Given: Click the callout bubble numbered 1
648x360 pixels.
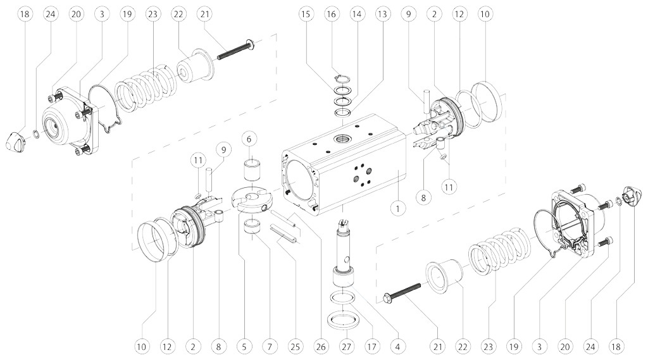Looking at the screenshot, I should [397, 207].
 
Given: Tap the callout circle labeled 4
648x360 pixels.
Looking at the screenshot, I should [397, 346].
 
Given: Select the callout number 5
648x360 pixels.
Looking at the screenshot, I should [243, 346].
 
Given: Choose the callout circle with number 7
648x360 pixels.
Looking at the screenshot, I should [270, 346].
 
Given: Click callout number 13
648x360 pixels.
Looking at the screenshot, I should [381, 13].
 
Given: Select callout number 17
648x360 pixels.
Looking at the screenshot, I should [371, 346].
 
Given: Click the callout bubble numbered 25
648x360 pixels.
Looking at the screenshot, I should [295, 346].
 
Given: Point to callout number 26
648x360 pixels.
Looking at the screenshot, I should [321, 346].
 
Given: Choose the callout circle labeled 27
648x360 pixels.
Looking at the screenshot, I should [346, 346].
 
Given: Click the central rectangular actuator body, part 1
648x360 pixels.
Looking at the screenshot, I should [342, 164].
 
